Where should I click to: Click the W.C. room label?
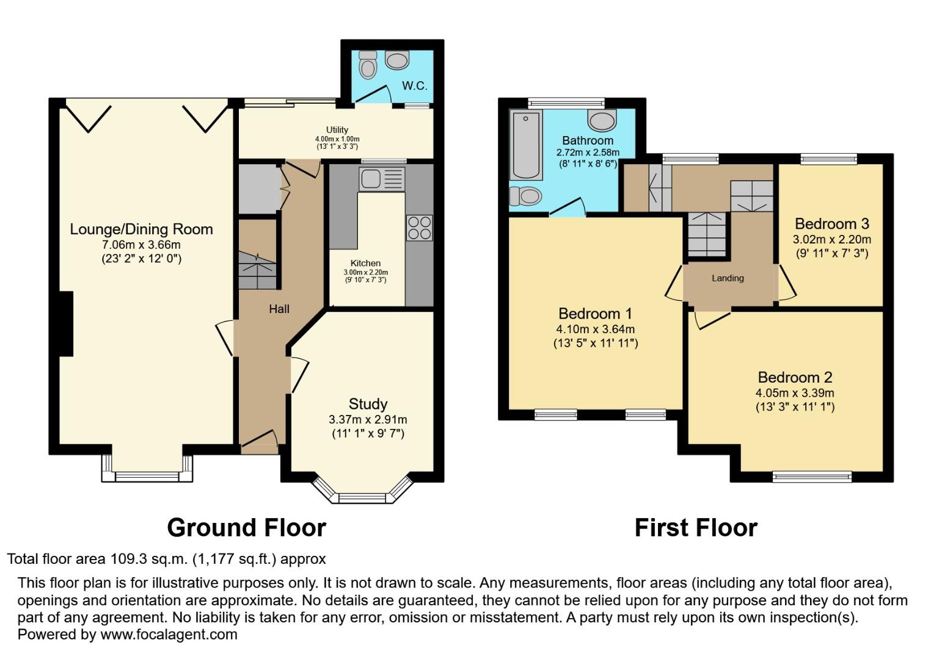[x=414, y=86]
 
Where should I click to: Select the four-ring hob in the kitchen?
[x=419, y=228]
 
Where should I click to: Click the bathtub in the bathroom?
[x=525, y=145]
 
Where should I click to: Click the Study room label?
[x=368, y=404]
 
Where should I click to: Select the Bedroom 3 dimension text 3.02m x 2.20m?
[x=831, y=239]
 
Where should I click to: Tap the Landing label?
[x=728, y=278]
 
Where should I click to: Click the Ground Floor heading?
[x=246, y=528]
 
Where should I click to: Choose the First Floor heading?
[x=696, y=528]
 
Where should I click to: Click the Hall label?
[x=279, y=309]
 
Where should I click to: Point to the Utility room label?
[x=337, y=130]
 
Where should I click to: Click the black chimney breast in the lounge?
[x=66, y=324]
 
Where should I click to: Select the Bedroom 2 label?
[x=795, y=377]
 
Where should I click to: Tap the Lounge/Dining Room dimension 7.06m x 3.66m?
[x=141, y=245]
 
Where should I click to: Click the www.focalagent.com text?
[x=169, y=635]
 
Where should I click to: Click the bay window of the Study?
[x=363, y=497]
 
